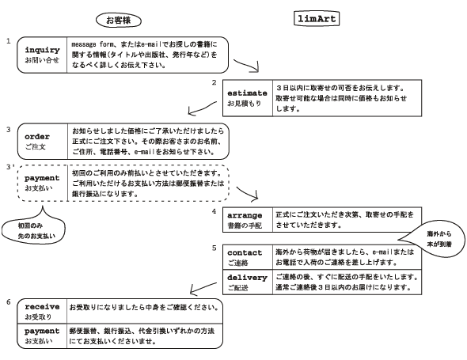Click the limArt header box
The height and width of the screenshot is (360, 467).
[317, 19]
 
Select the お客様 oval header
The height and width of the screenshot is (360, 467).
[119, 21]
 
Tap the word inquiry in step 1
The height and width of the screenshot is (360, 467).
[42, 50]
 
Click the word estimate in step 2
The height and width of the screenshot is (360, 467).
[247, 93]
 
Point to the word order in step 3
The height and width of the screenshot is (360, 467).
[37, 137]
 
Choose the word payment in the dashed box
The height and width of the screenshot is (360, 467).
[42, 178]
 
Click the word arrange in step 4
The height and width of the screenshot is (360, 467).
[245, 215]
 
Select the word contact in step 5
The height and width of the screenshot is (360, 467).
[245, 253]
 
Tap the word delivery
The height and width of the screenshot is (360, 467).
[247, 278]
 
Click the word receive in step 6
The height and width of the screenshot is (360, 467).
[42, 307]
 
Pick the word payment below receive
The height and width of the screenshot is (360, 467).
[42, 331]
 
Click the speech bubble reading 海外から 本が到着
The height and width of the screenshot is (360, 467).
[432, 239]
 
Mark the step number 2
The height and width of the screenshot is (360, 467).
[214, 82]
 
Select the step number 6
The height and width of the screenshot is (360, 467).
[9, 302]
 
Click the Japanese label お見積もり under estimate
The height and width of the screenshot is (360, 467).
[245, 104]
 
